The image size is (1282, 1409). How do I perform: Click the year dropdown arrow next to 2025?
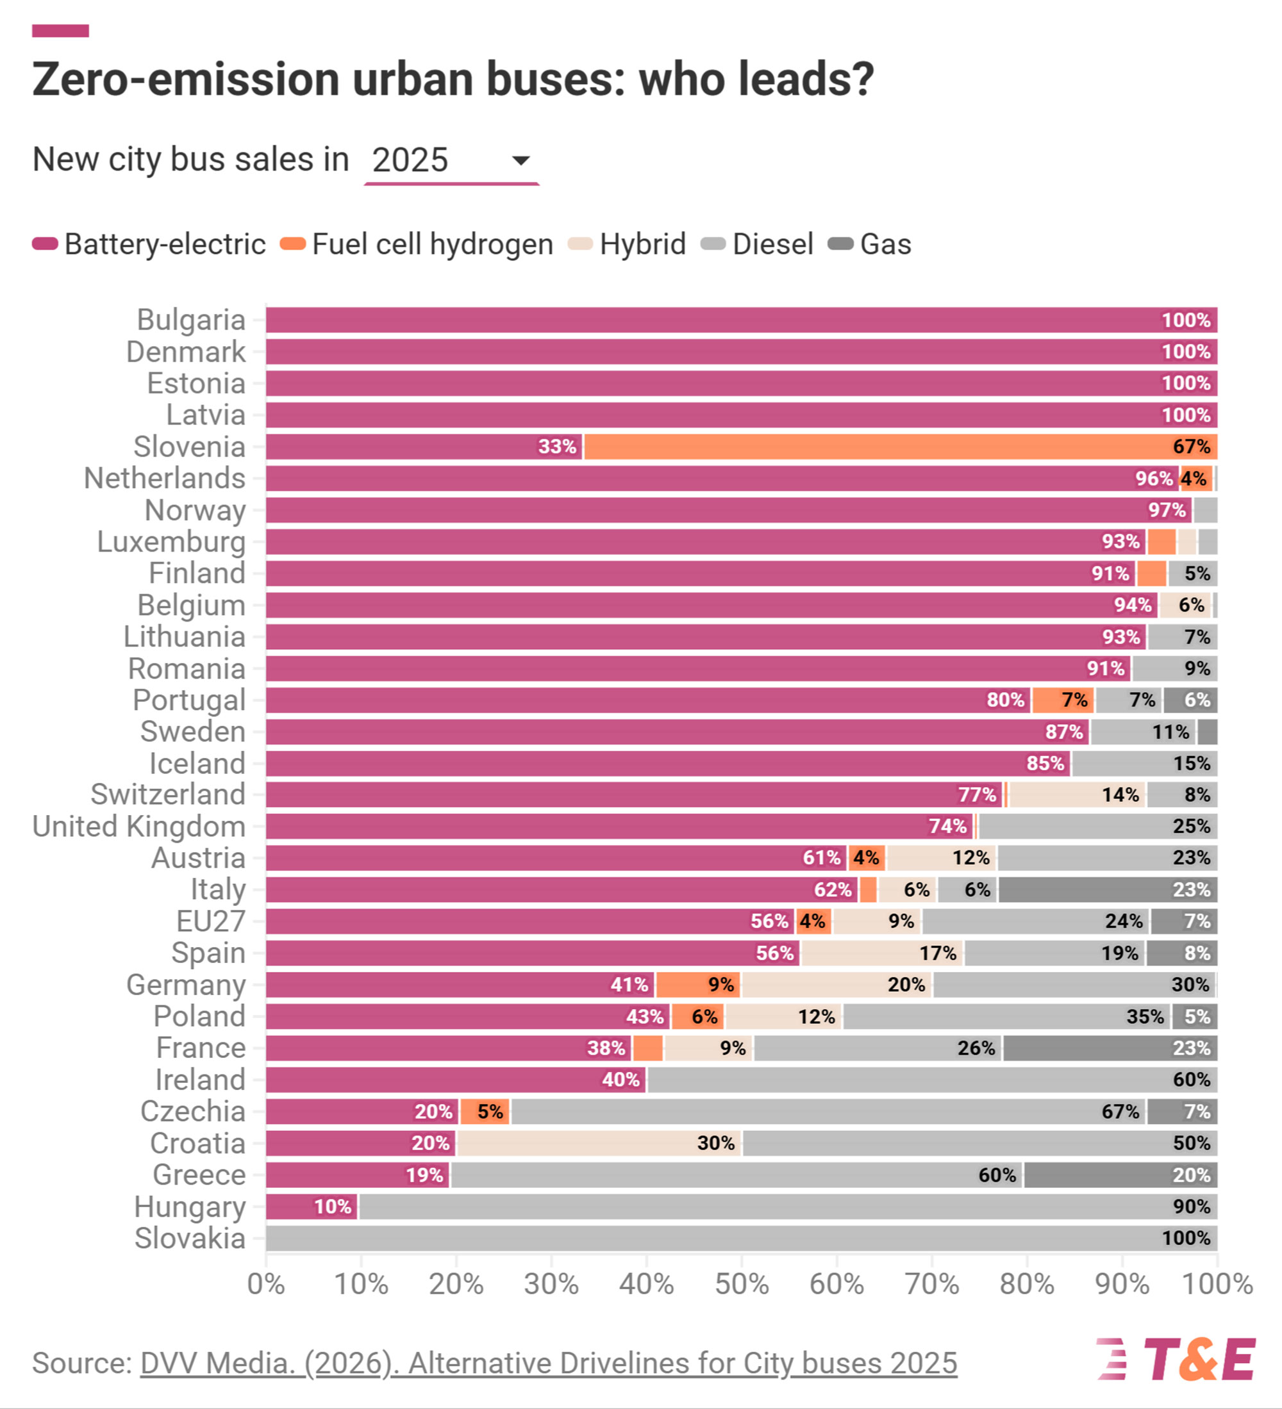pos(520,161)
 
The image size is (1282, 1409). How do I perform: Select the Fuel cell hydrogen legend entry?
pos(417,245)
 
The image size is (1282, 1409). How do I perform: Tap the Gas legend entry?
pos(870,245)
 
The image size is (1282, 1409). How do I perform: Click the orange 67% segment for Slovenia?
pos(901,447)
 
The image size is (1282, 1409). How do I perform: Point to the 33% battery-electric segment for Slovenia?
pos(424,447)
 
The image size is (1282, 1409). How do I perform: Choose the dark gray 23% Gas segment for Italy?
pos(1107,890)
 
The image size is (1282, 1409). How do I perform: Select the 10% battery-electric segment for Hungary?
pos(312,1207)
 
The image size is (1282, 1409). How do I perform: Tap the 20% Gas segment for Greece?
pos(1120,1175)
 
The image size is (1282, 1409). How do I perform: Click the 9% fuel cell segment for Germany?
pos(698,985)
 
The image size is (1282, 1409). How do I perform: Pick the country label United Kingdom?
pos(139,826)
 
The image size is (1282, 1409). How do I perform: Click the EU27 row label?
pos(210,921)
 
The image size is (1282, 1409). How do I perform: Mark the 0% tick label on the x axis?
pos(266,1284)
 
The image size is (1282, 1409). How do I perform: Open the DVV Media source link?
pos(549,1363)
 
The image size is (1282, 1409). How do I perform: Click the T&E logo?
pos(1176,1360)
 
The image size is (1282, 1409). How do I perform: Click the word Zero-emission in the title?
pos(186,79)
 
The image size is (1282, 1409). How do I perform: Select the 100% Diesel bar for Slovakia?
pos(742,1239)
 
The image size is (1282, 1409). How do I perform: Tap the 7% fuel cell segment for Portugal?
pos(1063,700)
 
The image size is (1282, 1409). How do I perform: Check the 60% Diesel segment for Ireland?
pos(932,1080)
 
